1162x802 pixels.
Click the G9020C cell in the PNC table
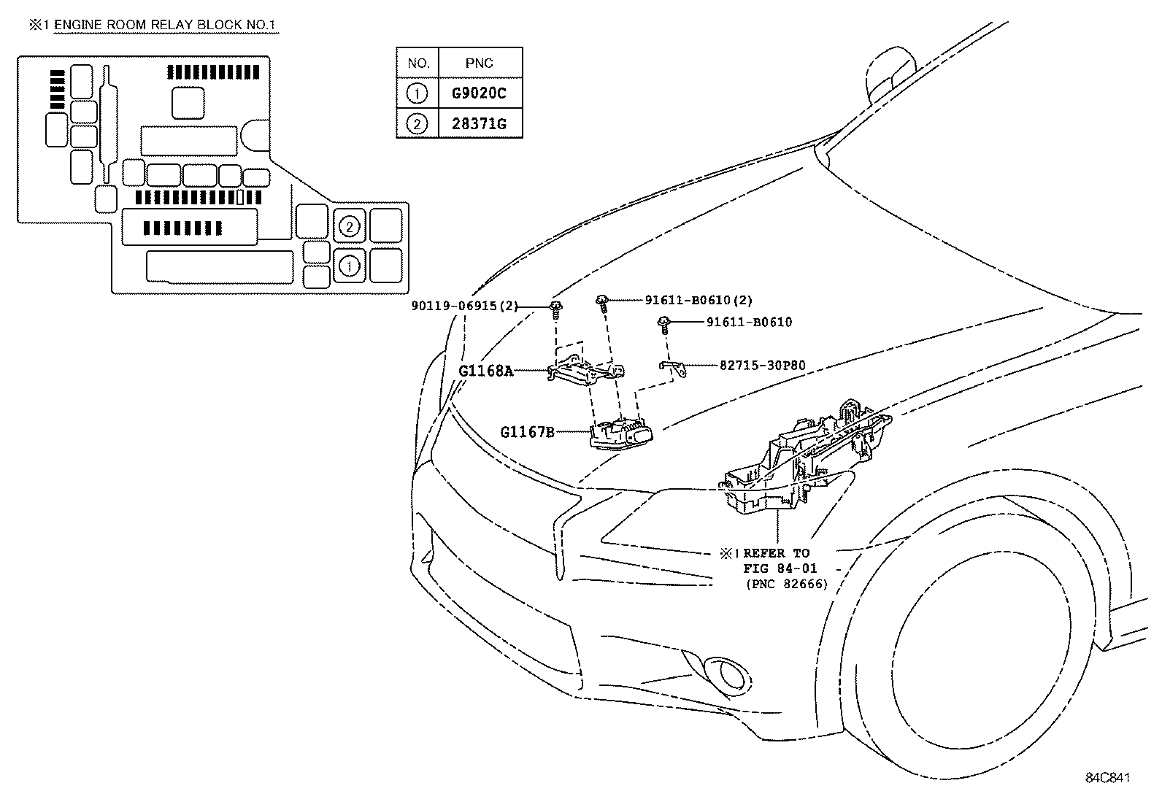[479, 93]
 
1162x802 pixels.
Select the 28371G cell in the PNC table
[479, 123]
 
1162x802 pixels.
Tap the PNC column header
[479, 63]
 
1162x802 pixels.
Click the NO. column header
[418, 63]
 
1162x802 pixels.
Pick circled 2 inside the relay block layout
[350, 227]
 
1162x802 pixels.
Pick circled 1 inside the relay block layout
[350, 266]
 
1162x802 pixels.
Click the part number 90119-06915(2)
[463, 306]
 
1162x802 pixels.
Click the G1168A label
[485, 371]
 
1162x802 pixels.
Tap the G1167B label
[527, 432]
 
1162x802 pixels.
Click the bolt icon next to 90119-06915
[556, 309]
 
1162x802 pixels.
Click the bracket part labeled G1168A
[584, 369]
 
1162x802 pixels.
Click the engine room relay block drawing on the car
[803, 460]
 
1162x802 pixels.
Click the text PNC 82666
[787, 584]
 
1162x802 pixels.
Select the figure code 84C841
[1107, 778]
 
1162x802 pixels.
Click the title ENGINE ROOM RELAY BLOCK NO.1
[165, 25]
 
